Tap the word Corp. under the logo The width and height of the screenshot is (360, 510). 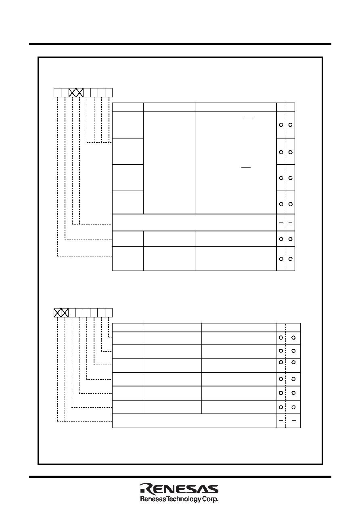coord(210,500)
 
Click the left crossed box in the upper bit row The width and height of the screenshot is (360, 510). coord(72,92)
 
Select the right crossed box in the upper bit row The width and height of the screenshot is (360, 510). coord(80,92)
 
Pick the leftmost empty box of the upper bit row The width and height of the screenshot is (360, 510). coord(57,92)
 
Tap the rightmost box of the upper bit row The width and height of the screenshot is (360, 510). coord(109,92)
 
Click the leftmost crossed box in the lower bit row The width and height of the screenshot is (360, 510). coord(57,313)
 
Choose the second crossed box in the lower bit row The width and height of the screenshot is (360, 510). coord(65,313)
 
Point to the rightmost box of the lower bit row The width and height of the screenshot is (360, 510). coord(109,313)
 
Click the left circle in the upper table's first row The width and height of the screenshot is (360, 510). coord(281,125)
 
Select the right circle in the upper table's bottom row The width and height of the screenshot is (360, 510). coord(290,259)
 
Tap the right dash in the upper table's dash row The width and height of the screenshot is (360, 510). coord(290,222)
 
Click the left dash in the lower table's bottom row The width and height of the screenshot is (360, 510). coord(281,420)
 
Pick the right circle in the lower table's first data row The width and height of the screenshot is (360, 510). coord(293,338)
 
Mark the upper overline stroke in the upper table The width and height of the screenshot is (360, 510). coord(248,119)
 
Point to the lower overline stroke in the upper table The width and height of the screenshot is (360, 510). coord(246,167)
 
